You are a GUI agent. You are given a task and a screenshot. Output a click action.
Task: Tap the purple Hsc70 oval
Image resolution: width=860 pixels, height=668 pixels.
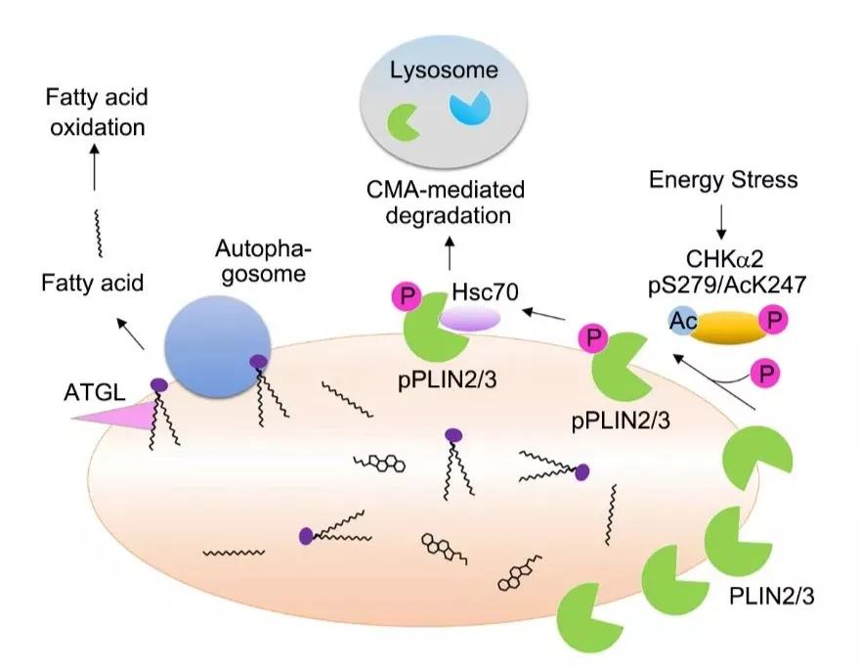(468, 319)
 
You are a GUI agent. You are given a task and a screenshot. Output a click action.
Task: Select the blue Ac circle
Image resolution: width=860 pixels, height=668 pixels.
(682, 319)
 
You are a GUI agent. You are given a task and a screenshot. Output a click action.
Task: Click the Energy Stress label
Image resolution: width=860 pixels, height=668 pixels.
(722, 179)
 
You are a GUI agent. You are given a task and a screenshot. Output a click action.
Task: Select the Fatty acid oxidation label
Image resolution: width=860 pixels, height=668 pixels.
(94, 111)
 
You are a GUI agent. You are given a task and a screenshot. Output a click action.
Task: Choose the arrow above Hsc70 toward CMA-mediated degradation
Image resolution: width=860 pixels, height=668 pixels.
(449, 256)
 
